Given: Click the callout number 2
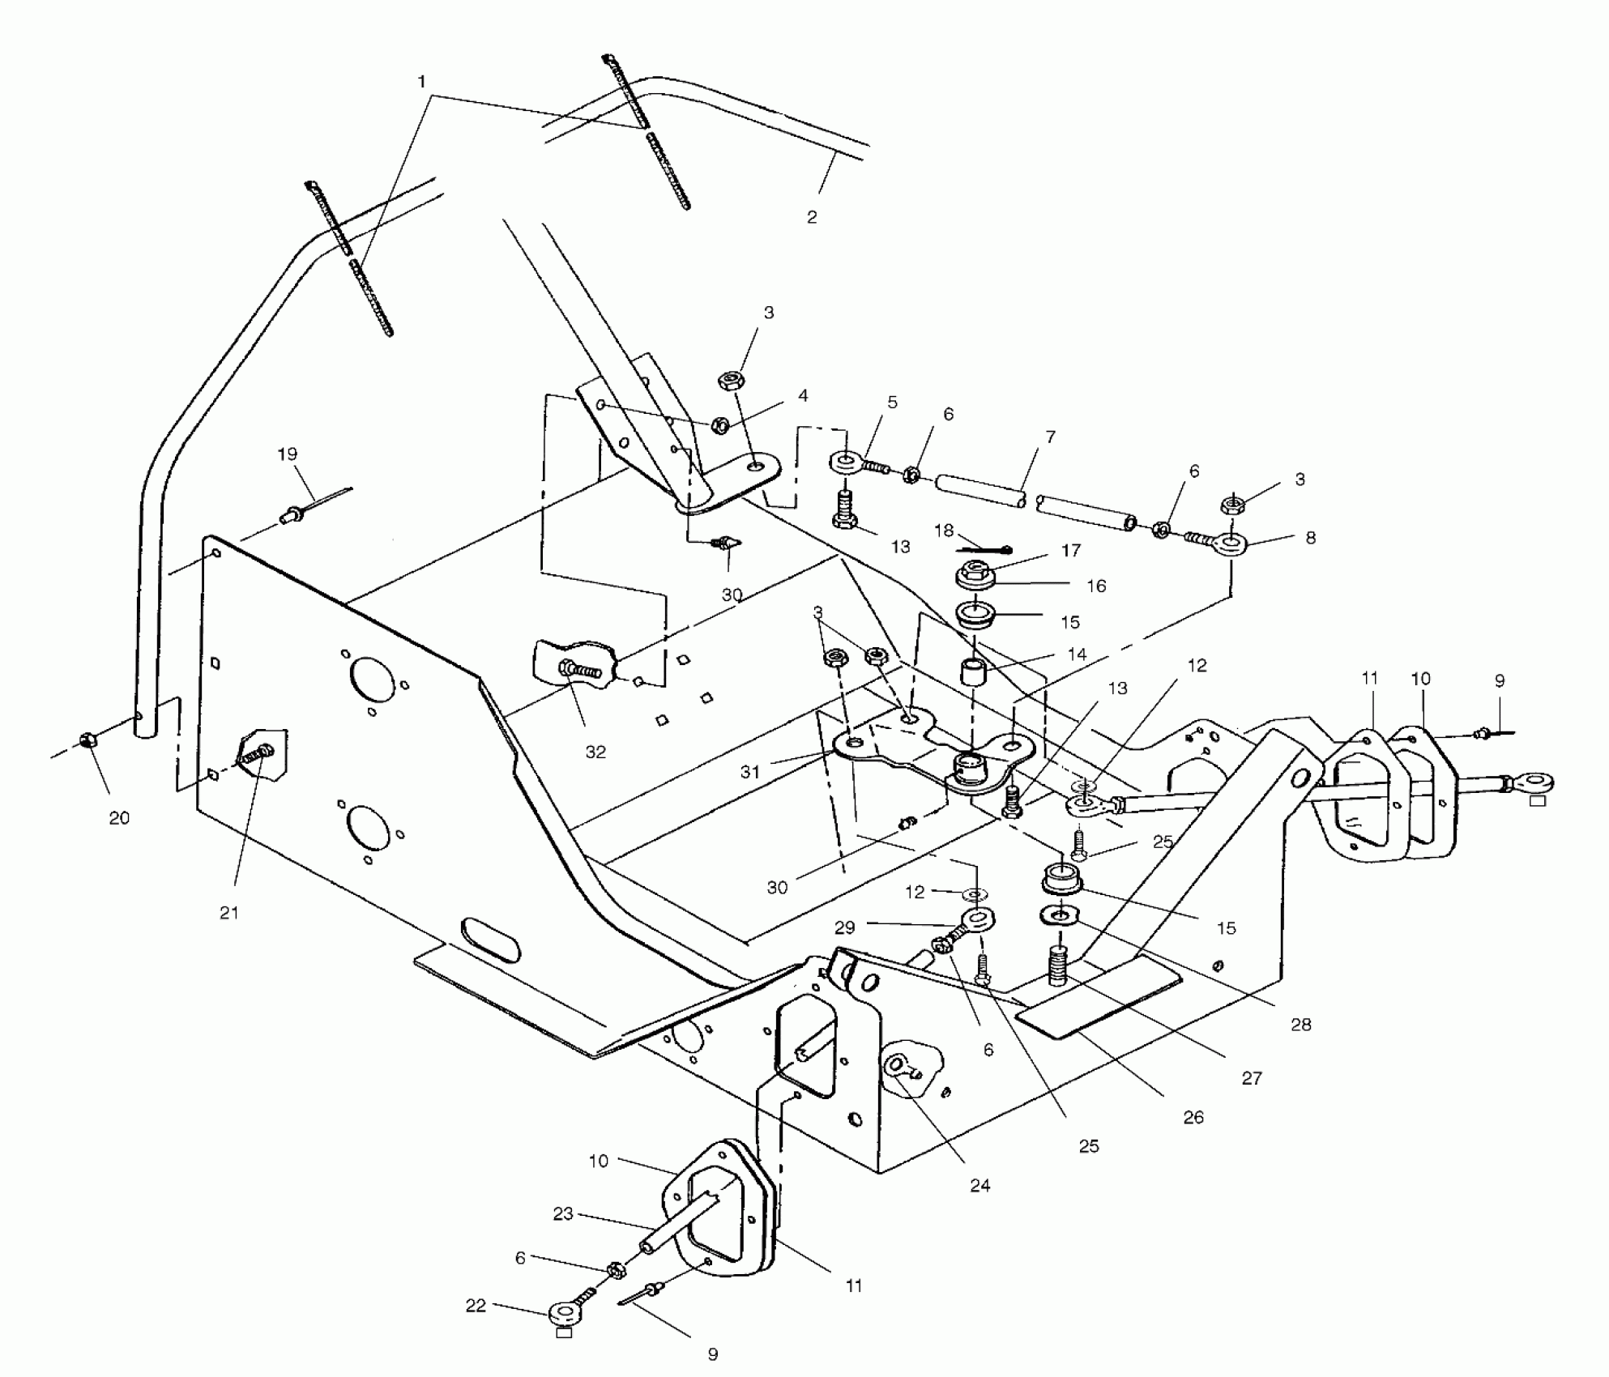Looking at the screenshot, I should click(812, 217).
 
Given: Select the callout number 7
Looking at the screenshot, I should click(1050, 437).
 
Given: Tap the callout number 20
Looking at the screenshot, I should click(119, 818).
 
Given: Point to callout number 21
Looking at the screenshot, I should click(229, 913).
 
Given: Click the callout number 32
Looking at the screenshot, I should click(595, 752).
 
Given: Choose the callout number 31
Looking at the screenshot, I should click(750, 772).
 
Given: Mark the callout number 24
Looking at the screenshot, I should click(980, 1186).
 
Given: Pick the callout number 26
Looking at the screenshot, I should click(1193, 1117).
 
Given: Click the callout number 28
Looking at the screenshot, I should click(1300, 1025).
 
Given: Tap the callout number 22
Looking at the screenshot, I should click(476, 1306).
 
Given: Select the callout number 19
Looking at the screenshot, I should click(288, 454).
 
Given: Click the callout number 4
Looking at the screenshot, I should click(802, 396).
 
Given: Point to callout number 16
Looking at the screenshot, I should click(1096, 586).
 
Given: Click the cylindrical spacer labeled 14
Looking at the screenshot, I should click(972, 672).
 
